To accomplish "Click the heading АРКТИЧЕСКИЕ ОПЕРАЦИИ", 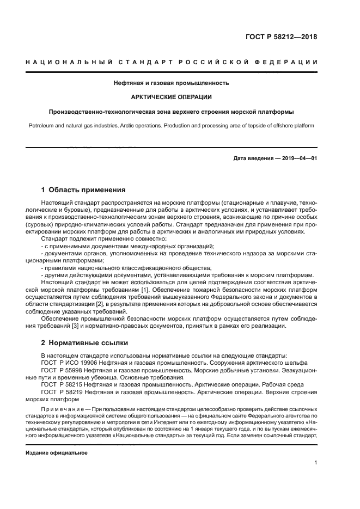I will pos(172,97).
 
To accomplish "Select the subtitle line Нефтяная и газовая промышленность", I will pos(171,83).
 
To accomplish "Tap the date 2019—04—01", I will pos(298,158).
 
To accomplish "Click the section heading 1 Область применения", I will pos(83,190).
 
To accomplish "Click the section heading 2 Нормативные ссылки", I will pos(84,344).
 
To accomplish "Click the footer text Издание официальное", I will pos(56,452).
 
